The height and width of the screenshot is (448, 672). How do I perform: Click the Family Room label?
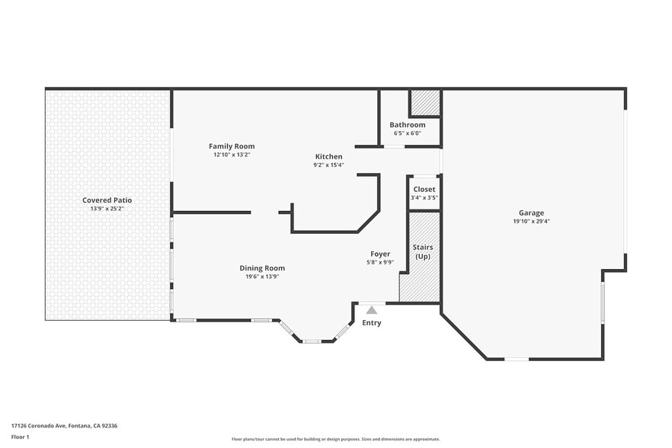click(232, 146)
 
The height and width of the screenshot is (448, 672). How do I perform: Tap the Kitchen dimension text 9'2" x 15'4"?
click(328, 165)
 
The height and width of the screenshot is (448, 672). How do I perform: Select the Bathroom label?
click(408, 125)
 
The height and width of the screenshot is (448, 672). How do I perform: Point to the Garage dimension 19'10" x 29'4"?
click(531, 222)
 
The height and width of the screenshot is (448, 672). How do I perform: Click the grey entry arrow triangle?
click(371, 310)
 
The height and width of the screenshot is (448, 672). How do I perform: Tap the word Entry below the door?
click(372, 323)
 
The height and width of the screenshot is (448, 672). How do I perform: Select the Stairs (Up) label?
click(423, 252)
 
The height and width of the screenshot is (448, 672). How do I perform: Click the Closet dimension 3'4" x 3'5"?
click(424, 197)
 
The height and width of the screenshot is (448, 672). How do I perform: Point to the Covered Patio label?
click(107, 200)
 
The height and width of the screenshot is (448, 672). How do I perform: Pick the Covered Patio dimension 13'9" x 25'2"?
click(107, 209)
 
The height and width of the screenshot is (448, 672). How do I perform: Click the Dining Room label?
click(262, 267)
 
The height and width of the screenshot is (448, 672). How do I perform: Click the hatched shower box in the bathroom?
click(425, 103)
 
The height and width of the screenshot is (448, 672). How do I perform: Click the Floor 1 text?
click(20, 437)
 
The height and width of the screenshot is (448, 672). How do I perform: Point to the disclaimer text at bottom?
click(335, 439)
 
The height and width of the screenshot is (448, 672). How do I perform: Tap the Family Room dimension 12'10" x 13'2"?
click(232, 155)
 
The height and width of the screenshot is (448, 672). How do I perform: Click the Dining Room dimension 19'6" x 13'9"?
click(262, 277)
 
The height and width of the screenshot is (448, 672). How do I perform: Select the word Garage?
click(531, 213)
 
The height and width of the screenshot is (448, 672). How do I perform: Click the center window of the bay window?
click(311, 341)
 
